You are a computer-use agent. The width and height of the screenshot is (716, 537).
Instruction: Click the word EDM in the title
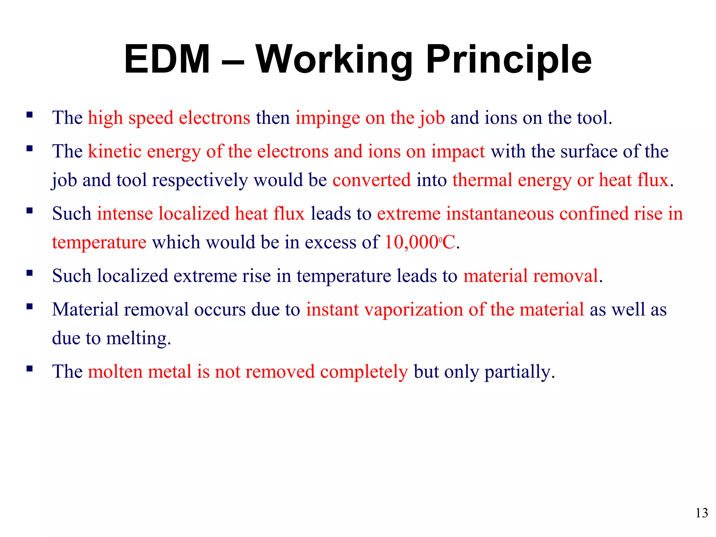tap(167, 59)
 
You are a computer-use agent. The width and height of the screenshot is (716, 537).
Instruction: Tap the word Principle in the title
tap(509, 59)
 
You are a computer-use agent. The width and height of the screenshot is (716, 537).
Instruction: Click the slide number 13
tap(702, 513)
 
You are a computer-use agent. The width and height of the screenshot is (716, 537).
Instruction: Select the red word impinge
tap(328, 118)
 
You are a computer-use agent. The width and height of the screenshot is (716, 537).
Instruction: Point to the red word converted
tap(371, 180)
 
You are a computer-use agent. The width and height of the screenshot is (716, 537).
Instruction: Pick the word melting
tap(138, 338)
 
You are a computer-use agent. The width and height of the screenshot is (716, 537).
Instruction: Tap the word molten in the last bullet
tap(115, 372)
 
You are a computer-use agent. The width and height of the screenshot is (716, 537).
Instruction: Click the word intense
tap(125, 214)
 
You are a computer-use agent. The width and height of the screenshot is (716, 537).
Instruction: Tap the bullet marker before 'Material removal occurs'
tap(29, 307)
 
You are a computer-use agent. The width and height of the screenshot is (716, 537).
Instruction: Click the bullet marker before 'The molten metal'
tap(29, 368)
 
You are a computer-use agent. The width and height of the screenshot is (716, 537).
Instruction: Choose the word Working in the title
tap(334, 59)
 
